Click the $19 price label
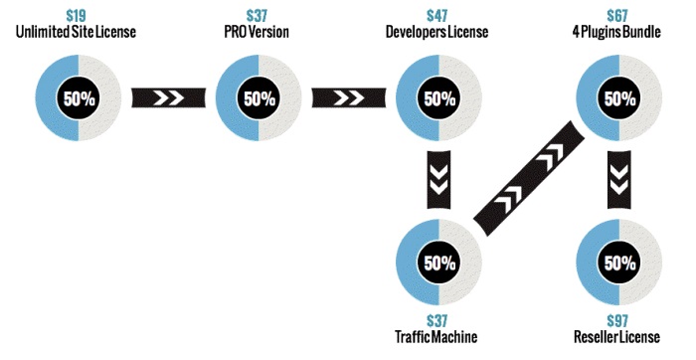[76, 16]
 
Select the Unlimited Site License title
[76, 32]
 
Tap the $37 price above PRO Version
[257, 16]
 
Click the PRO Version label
[257, 32]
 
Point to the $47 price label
[437, 16]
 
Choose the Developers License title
[437, 32]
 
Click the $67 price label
[617, 16]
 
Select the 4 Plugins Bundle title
[617, 32]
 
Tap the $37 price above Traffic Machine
[437, 321]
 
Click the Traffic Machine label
[436, 337]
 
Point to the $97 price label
[617, 321]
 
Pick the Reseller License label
[617, 337]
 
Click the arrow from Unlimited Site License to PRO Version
[169, 97]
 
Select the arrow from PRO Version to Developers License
[349, 97]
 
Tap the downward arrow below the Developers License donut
[438, 180]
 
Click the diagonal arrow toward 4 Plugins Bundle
[529, 178]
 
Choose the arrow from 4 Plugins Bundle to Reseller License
[619, 180]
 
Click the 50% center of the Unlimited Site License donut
[79, 98]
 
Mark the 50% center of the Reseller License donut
[619, 263]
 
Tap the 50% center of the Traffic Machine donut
[439, 263]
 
